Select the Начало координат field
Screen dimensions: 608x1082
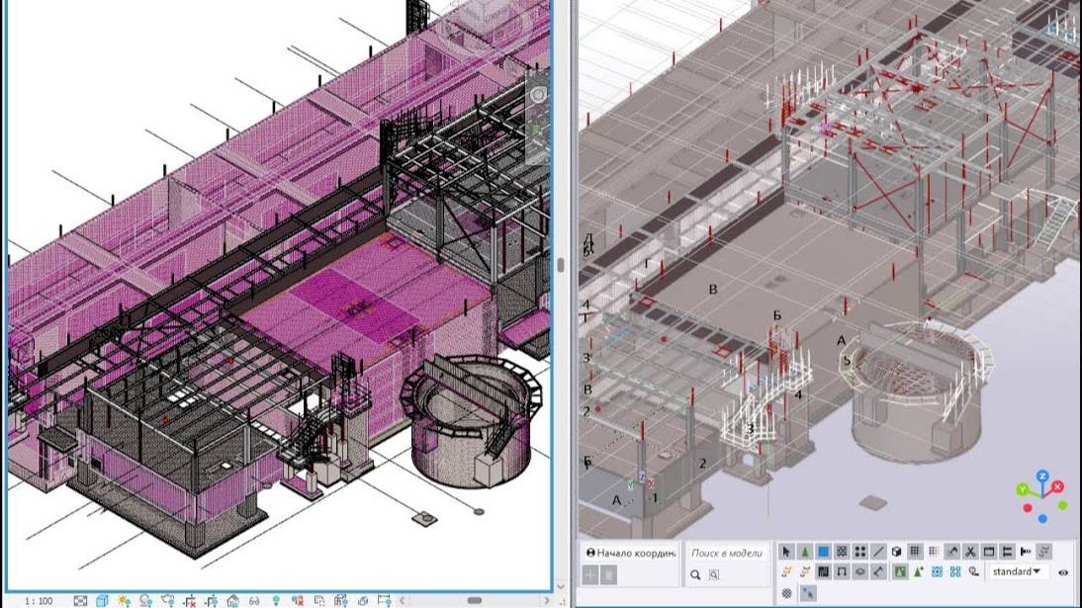[x=631, y=553]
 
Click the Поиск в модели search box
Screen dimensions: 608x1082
[x=727, y=554]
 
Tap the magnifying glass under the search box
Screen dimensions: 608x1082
[x=696, y=574]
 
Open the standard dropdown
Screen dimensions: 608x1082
[x=1016, y=571]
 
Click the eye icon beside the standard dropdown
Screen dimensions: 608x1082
[x=1063, y=572]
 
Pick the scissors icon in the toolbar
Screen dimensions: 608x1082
[x=970, y=552]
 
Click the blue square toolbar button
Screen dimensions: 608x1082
[x=823, y=552]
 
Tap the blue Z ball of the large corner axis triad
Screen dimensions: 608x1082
[x=1042, y=477]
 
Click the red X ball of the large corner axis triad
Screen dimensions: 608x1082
[x=1057, y=486]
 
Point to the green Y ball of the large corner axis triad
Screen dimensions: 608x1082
[x=1025, y=488]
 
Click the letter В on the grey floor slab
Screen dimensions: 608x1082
[x=711, y=289]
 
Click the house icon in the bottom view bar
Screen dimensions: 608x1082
[x=232, y=600]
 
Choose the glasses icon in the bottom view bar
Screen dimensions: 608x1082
[x=254, y=600]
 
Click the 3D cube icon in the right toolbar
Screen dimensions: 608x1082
[x=896, y=552]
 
